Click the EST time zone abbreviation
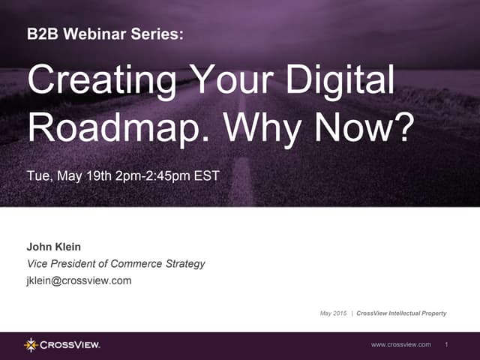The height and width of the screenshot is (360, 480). pos(207,176)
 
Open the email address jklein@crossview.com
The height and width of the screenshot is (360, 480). pos(79,280)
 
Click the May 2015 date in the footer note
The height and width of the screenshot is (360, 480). pos(334,313)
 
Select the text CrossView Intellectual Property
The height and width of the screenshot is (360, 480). pos(401,313)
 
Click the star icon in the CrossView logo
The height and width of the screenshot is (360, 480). pos(31,344)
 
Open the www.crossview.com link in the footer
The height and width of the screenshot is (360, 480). pos(401,344)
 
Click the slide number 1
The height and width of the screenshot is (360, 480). pos(446,344)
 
